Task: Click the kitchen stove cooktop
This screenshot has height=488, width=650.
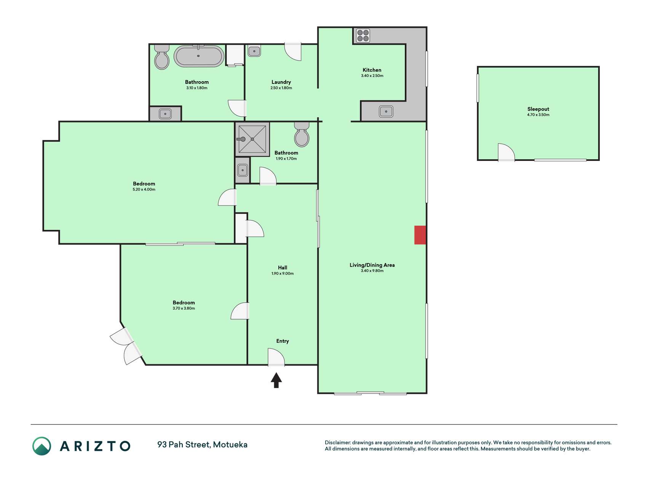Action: pyautogui.click(x=363, y=36)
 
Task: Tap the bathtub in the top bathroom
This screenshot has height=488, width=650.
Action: pyautogui.click(x=199, y=56)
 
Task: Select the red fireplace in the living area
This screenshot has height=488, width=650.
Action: pyautogui.click(x=420, y=235)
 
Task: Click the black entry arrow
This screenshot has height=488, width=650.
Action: pyautogui.click(x=276, y=380)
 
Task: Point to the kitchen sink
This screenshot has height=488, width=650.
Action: pyautogui.click(x=386, y=112)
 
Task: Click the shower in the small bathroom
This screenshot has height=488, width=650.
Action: pyautogui.click(x=252, y=139)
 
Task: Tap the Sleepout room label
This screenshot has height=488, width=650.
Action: pyautogui.click(x=538, y=109)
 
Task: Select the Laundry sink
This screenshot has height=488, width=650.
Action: pyautogui.click(x=254, y=51)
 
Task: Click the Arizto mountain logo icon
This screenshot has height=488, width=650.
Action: pyautogui.click(x=42, y=446)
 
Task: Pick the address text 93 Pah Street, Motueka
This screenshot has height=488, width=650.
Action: pyautogui.click(x=202, y=445)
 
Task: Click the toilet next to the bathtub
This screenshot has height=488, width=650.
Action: pyautogui.click(x=162, y=57)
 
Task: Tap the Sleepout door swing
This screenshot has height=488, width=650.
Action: pyautogui.click(x=506, y=152)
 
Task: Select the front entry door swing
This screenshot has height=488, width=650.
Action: pyautogui.click(x=276, y=358)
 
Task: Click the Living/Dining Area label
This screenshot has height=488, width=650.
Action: pyautogui.click(x=372, y=265)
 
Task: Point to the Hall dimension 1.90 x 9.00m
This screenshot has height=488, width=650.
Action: pyautogui.click(x=283, y=273)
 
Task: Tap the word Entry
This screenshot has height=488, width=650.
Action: pyautogui.click(x=283, y=341)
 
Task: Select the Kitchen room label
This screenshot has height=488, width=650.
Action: pyautogui.click(x=372, y=70)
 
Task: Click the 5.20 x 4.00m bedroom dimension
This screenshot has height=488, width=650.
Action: pyautogui.click(x=144, y=189)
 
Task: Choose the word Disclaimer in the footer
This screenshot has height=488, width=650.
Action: pyautogui.click(x=337, y=443)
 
